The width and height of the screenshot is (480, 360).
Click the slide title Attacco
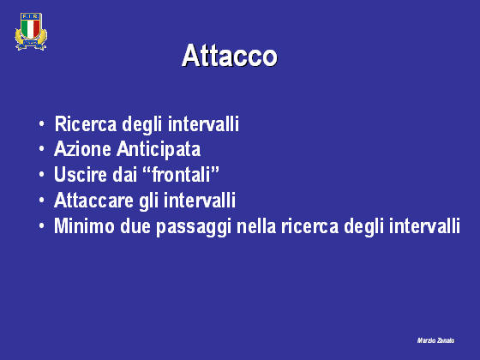[230, 56]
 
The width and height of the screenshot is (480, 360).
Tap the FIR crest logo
[31, 31]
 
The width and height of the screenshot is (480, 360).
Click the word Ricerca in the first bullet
[86, 124]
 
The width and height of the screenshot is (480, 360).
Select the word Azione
[82, 149]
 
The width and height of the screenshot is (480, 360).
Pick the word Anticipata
[159, 150]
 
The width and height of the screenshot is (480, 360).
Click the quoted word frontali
[181, 174]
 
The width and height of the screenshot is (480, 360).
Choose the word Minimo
[84, 226]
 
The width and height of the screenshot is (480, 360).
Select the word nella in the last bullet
[256, 226]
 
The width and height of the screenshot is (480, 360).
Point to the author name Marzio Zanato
[435, 340]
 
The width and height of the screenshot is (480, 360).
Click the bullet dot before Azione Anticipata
[42, 149]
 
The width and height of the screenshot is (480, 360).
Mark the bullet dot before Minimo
[42, 226]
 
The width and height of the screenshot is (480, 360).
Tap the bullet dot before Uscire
[42, 175]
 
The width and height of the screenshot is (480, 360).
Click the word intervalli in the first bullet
[203, 124]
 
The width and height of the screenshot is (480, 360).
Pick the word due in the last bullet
[135, 226]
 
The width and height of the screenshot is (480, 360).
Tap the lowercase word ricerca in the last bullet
[309, 226]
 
